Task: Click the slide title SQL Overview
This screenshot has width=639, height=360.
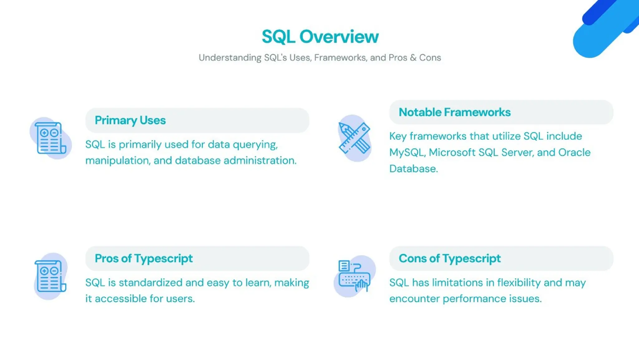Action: pyautogui.click(x=320, y=36)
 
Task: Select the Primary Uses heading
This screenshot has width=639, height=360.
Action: pyautogui.click(x=130, y=120)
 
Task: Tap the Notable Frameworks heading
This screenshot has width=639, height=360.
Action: pyautogui.click(x=455, y=112)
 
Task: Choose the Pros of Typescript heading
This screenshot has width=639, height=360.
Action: pyautogui.click(x=144, y=258)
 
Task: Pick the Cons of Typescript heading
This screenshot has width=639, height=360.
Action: pyautogui.click(x=450, y=258)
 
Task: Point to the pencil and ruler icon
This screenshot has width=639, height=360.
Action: pyautogui.click(x=354, y=138)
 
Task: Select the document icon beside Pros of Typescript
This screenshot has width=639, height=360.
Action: pyautogui.click(x=50, y=276)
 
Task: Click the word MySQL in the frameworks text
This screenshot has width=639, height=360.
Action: pyautogui.click(x=407, y=153)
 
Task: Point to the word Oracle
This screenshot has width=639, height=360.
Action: pyautogui.click(x=574, y=153)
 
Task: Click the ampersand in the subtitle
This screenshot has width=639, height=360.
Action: pyautogui.click(x=413, y=58)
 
